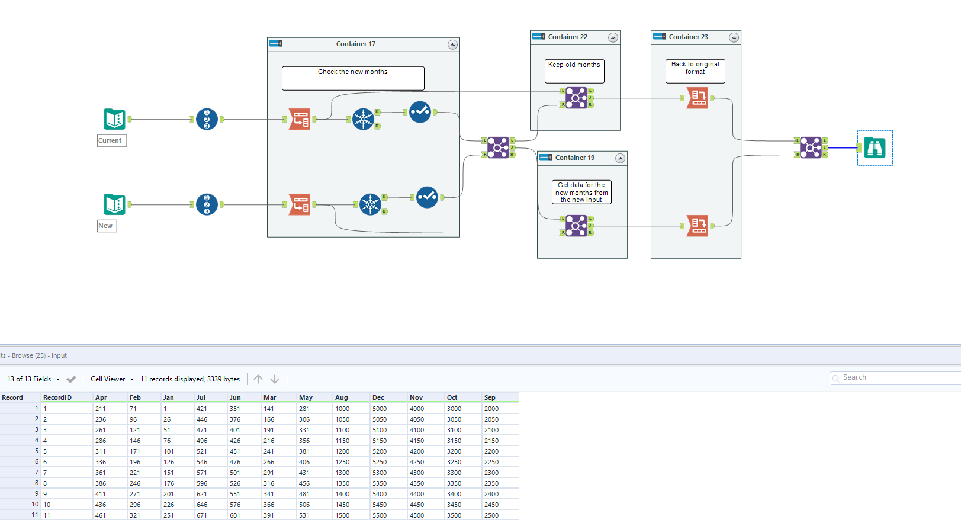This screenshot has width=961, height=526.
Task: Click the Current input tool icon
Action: pyautogui.click(x=114, y=119)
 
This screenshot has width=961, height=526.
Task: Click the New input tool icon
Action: pyautogui.click(x=114, y=204)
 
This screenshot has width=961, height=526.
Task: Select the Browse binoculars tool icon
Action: pyautogui.click(x=875, y=147)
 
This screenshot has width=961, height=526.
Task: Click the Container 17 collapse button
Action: pyautogui.click(x=452, y=44)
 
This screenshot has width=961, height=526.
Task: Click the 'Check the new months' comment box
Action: pyautogui.click(x=353, y=78)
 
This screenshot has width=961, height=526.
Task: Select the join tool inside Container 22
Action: pyautogui.click(x=576, y=98)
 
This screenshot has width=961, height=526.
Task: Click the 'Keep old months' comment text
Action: pyautogui.click(x=574, y=65)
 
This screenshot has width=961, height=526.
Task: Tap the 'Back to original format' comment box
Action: pyautogui.click(x=695, y=71)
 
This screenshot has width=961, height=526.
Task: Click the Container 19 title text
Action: pyautogui.click(x=574, y=158)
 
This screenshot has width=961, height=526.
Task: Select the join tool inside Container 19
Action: pyautogui.click(x=576, y=226)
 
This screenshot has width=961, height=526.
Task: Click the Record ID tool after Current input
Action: pyautogui.click(x=207, y=119)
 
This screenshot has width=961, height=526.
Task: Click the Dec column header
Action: pyautogui.click(x=378, y=397)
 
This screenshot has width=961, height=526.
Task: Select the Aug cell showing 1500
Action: pyautogui.click(x=342, y=515)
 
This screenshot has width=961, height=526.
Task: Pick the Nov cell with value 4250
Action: pyautogui.click(x=417, y=462)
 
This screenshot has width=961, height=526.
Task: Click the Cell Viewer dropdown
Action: pyautogui.click(x=112, y=379)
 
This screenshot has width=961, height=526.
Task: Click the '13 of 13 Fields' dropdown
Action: pyautogui.click(x=33, y=379)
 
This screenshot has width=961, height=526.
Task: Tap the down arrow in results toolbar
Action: pyautogui.click(x=275, y=379)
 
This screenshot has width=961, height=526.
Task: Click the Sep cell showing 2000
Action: pyautogui.click(x=491, y=409)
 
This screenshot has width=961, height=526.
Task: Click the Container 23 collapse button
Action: pyautogui.click(x=734, y=37)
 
